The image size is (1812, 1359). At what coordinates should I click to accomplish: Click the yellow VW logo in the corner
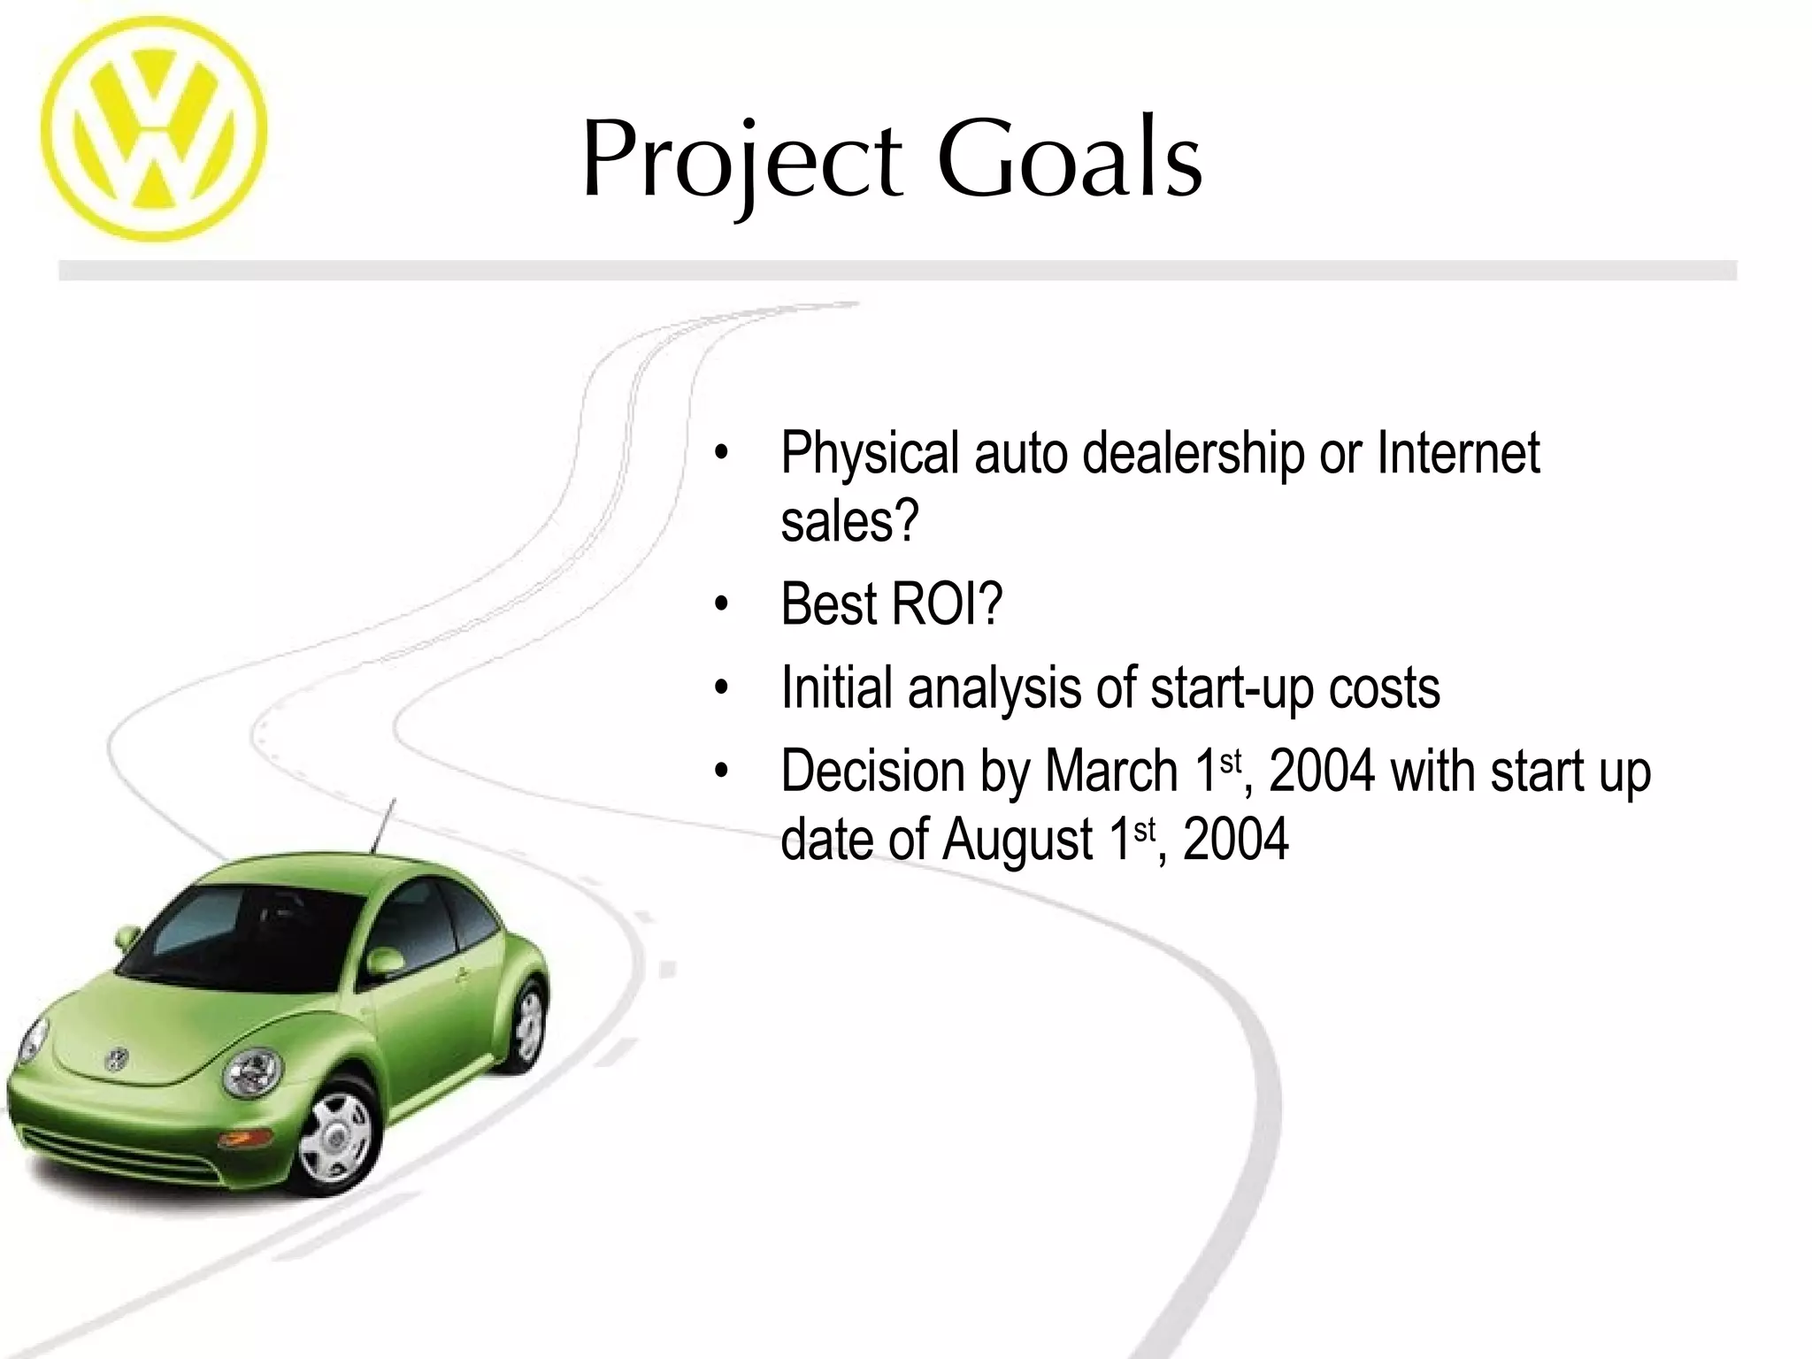click(153, 130)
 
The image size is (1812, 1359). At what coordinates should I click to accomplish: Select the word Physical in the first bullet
click(870, 454)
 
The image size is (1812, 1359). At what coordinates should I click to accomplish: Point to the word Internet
click(1458, 452)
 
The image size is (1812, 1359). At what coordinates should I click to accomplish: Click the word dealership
click(1193, 454)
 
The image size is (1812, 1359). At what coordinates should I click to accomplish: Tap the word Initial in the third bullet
click(836, 687)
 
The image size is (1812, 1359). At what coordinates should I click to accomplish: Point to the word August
click(1017, 840)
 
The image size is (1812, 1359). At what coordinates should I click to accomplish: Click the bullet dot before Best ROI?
click(721, 605)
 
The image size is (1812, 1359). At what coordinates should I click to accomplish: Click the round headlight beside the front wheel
click(251, 1072)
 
